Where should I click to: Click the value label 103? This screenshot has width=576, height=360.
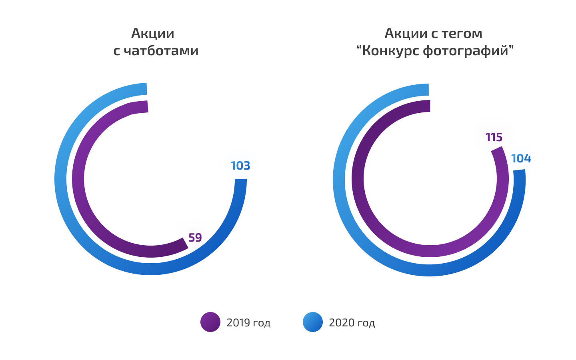(240, 166)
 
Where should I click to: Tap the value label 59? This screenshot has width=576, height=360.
(195, 238)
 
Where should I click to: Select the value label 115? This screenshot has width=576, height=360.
(494, 138)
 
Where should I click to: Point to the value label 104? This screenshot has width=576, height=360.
(521, 158)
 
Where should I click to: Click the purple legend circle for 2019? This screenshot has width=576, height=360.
(210, 322)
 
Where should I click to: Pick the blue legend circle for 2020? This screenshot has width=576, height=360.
(313, 322)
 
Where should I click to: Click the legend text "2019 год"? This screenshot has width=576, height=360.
(248, 323)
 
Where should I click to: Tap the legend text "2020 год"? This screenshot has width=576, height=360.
(352, 323)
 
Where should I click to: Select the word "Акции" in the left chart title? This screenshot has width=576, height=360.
(153, 33)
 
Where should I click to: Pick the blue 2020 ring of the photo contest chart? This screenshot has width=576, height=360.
(339, 180)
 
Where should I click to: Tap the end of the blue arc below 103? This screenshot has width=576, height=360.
(240, 182)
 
